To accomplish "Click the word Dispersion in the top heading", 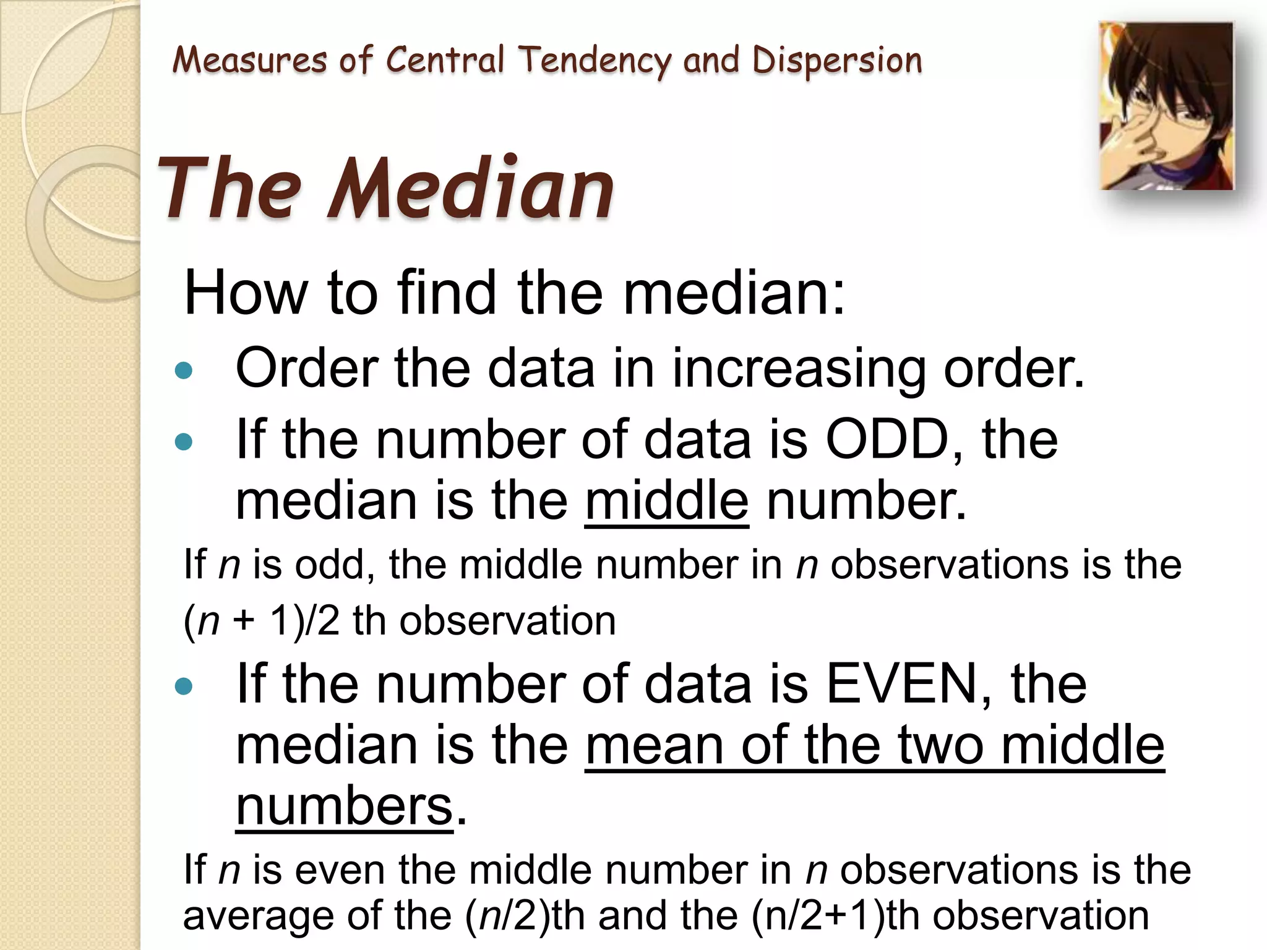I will coord(837,61).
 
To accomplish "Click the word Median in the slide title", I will coord(471,188).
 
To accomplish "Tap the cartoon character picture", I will coord(1166,106).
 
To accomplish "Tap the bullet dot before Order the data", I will coord(184,370).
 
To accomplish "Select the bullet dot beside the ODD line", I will coord(184,442).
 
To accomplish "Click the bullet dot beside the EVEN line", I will coord(184,686).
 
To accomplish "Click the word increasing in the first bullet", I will coord(798,369).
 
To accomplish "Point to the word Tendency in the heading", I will coord(595,61).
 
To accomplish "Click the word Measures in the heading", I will coord(249,61).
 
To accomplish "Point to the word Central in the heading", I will coord(445,61).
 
